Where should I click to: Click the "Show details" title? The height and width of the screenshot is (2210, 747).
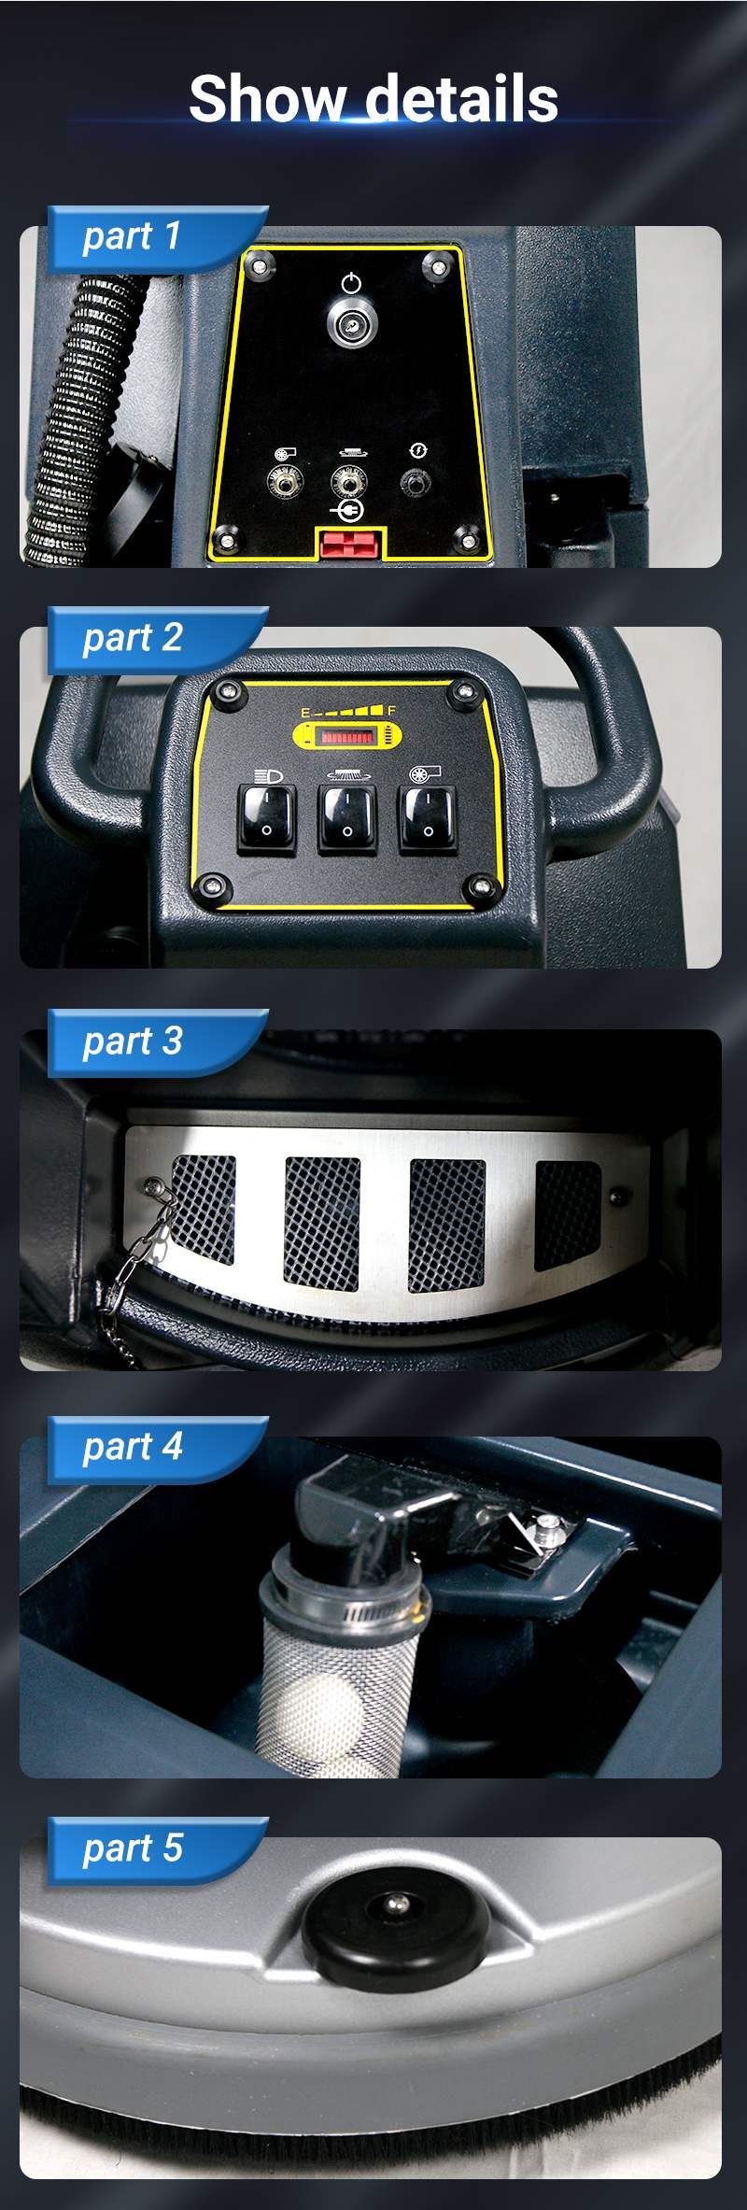[x=373, y=99]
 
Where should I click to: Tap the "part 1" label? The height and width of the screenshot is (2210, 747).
[x=132, y=236]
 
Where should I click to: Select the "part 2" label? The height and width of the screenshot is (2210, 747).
[x=132, y=638]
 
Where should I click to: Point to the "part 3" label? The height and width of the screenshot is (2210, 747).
[x=132, y=1041]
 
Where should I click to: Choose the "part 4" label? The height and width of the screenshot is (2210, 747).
[x=132, y=1447]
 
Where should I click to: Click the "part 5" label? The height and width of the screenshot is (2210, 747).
[x=132, y=1848]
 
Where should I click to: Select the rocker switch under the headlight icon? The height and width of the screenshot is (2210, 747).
[x=267, y=817]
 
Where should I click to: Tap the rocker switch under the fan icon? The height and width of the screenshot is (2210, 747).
[x=429, y=818]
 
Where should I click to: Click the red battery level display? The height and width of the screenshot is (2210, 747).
[x=345, y=737]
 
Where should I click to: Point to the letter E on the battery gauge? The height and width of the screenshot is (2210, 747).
[x=305, y=713]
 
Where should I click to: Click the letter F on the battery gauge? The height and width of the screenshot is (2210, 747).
[x=392, y=712]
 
